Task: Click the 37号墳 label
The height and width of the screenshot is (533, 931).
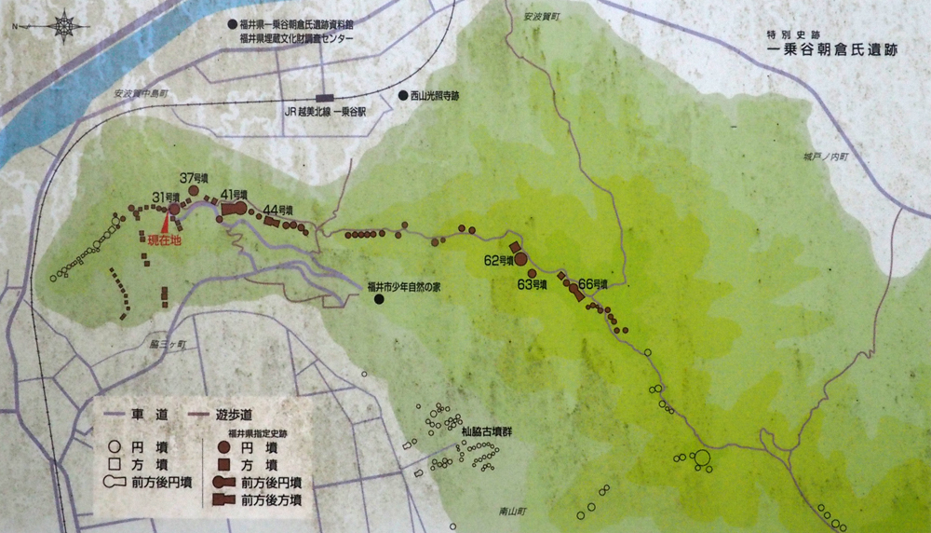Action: click(x=192, y=178)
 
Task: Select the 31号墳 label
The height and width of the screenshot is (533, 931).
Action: click(x=166, y=197)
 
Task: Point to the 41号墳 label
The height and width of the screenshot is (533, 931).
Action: click(x=233, y=194)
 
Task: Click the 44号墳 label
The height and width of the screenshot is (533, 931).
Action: click(x=278, y=209)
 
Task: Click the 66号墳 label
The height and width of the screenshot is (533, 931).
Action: click(x=593, y=283)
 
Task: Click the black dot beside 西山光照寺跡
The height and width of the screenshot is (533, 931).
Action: click(x=402, y=95)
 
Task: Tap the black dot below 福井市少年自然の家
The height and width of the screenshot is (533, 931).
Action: click(x=379, y=301)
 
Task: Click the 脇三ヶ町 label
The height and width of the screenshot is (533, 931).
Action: click(x=168, y=345)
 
